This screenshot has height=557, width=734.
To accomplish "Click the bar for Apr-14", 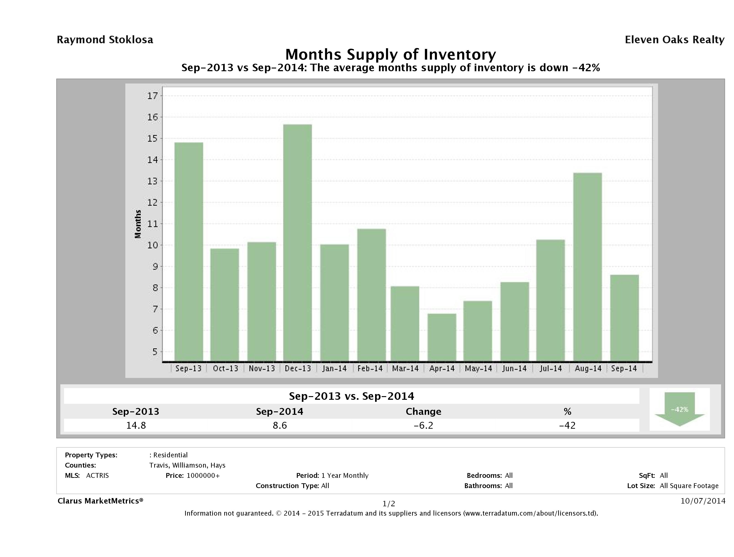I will tap(442, 337).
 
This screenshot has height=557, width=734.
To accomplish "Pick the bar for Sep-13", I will tap(189, 251).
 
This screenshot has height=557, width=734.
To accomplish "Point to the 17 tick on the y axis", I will tap(152, 96).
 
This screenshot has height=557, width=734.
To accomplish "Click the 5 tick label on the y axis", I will tap(154, 352).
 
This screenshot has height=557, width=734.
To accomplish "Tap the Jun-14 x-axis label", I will tap(514, 368).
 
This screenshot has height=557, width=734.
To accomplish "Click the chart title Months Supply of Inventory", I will tap(391, 54).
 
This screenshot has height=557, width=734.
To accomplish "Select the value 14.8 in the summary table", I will tap(136, 425).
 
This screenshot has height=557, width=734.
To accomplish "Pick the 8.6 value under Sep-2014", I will tap(280, 425).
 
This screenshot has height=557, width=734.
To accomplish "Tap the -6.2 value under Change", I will tap(424, 425).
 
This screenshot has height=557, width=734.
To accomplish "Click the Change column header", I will tap(424, 412).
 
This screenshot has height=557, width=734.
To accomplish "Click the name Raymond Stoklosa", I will tap(105, 40).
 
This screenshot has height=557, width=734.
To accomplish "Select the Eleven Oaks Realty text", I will tap(674, 40).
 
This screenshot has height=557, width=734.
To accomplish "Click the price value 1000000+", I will tap(203, 475).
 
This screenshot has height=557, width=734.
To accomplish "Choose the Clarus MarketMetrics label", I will tap(100, 501).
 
